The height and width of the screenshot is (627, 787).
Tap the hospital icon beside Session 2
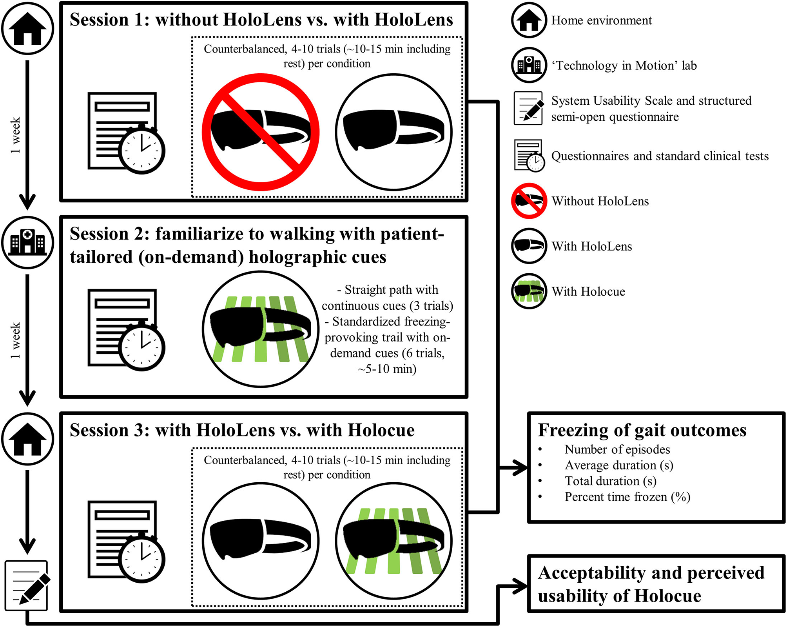pyautogui.click(x=27, y=242)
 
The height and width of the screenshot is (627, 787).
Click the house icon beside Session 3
pyautogui.click(x=27, y=439)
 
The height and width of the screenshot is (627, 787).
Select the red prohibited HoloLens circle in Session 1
pyautogui.click(x=261, y=132)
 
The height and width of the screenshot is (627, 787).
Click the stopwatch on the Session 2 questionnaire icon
pyautogui.click(x=141, y=347)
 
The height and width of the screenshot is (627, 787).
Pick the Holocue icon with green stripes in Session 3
pyautogui.click(x=393, y=541)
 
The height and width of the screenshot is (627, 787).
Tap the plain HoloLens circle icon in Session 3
pyautogui.click(x=261, y=541)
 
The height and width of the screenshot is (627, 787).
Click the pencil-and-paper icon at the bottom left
pyautogui.click(x=27, y=585)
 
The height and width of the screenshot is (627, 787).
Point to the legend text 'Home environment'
pyautogui.click(x=601, y=20)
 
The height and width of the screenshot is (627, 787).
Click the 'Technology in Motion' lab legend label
pyautogui.click(x=624, y=65)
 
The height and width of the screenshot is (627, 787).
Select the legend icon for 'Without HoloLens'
pyautogui.click(x=529, y=201)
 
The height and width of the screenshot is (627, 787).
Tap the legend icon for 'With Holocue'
pyautogui.click(x=529, y=291)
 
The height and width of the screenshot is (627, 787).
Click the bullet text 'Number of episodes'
pyautogui.click(x=617, y=449)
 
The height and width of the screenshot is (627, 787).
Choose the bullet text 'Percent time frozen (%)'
pyautogui.click(x=627, y=497)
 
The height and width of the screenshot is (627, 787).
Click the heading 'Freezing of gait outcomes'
pyautogui.click(x=642, y=430)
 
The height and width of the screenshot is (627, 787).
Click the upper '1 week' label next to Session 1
pyautogui.click(x=15, y=135)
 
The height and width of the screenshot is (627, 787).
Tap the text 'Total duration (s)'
pyautogui.click(x=610, y=481)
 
